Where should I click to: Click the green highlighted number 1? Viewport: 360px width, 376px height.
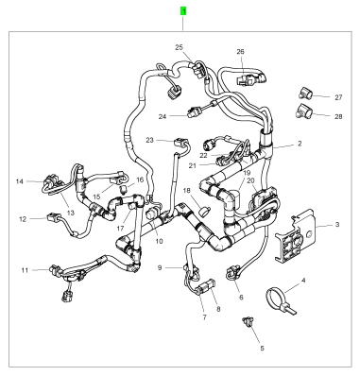click(x=183, y=11)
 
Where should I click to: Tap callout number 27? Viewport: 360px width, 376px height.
click(x=338, y=97)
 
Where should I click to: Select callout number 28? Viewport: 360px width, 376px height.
click(x=338, y=116)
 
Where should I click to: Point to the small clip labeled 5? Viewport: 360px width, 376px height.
click(x=247, y=322)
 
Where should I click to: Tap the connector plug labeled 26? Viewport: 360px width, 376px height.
click(x=252, y=78)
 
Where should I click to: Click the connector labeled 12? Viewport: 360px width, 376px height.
click(x=54, y=217)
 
